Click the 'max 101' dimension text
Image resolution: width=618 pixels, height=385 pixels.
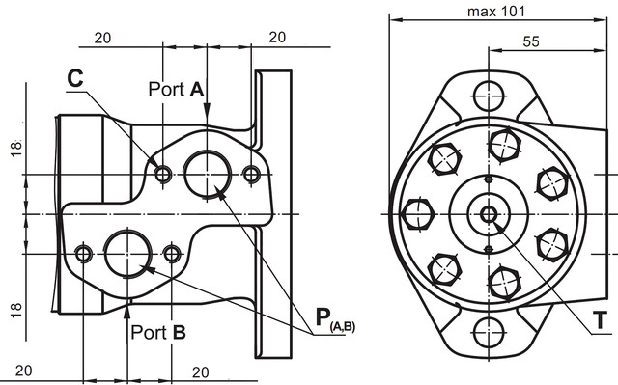[496, 12]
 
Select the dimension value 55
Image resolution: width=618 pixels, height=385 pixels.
[531, 41]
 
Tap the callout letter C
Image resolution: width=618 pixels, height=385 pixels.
[75, 78]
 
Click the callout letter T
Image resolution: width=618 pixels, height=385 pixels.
[600, 320]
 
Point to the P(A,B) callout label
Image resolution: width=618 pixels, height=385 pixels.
[335, 319]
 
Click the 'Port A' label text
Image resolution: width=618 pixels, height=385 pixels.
[176, 89]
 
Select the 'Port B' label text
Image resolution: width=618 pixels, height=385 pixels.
[158, 333]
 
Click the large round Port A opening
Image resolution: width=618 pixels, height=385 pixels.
[208, 175]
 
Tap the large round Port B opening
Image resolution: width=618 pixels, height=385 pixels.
[128, 254]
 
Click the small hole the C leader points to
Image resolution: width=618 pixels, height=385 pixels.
[163, 174]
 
